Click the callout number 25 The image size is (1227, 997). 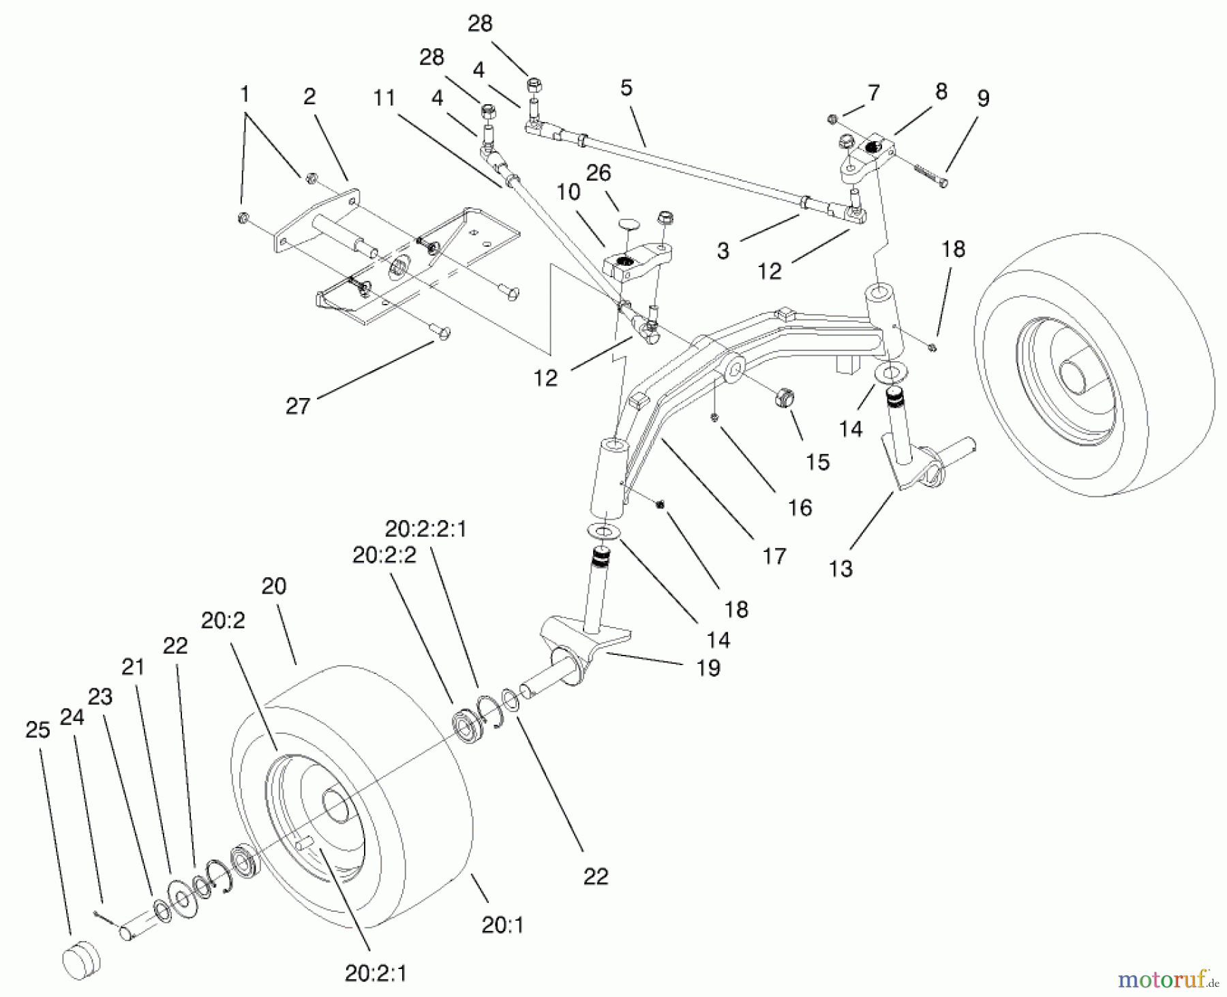[38, 730]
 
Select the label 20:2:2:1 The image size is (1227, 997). [426, 529]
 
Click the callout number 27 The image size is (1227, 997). [298, 406]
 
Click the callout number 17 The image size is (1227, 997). [774, 556]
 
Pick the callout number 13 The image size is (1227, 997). [840, 568]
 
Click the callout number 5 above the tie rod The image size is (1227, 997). [626, 88]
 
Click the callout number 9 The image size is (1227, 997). [982, 99]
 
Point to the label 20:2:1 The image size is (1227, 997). [376, 974]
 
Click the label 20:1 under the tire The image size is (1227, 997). [502, 925]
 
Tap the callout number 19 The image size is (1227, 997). [708, 668]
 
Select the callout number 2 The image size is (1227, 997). [309, 97]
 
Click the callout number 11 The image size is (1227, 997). [384, 98]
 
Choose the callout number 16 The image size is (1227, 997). [800, 507]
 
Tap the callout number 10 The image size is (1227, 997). [568, 192]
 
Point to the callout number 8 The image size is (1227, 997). [941, 91]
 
